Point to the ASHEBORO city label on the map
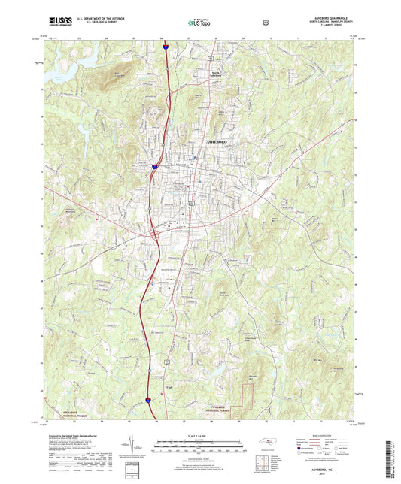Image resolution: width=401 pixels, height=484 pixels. coord(214,141)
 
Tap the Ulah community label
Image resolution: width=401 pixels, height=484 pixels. coord(169,388)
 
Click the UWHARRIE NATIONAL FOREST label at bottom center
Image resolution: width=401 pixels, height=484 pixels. coord(227,408)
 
